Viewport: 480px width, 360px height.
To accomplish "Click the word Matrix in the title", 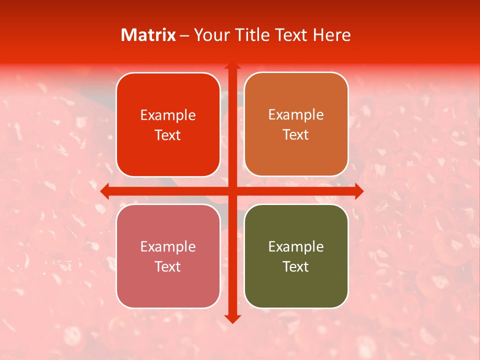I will click(148, 35).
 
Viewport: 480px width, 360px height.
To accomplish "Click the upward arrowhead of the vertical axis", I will click(232, 65).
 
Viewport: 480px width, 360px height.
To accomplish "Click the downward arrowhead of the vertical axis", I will click(232, 319).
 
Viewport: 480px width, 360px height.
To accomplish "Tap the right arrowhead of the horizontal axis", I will click(359, 191).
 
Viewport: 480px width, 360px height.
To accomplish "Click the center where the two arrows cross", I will click(232, 191).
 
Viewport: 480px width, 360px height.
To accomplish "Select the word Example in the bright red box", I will click(168, 115).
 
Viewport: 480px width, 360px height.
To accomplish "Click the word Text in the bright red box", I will click(168, 135).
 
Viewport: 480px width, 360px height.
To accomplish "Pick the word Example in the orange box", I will click(296, 115).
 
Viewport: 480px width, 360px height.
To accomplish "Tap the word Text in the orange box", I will click(296, 135).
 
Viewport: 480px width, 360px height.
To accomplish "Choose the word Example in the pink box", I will click(168, 247).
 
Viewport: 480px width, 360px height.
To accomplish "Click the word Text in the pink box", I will click(168, 267).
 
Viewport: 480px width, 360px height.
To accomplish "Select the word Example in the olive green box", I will click(296, 247).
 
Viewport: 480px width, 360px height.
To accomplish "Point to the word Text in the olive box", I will click(296, 267).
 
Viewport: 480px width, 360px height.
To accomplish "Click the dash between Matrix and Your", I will click(184, 35).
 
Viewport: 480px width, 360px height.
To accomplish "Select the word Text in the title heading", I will click(292, 35).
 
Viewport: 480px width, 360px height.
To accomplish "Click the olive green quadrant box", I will click(296, 290).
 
